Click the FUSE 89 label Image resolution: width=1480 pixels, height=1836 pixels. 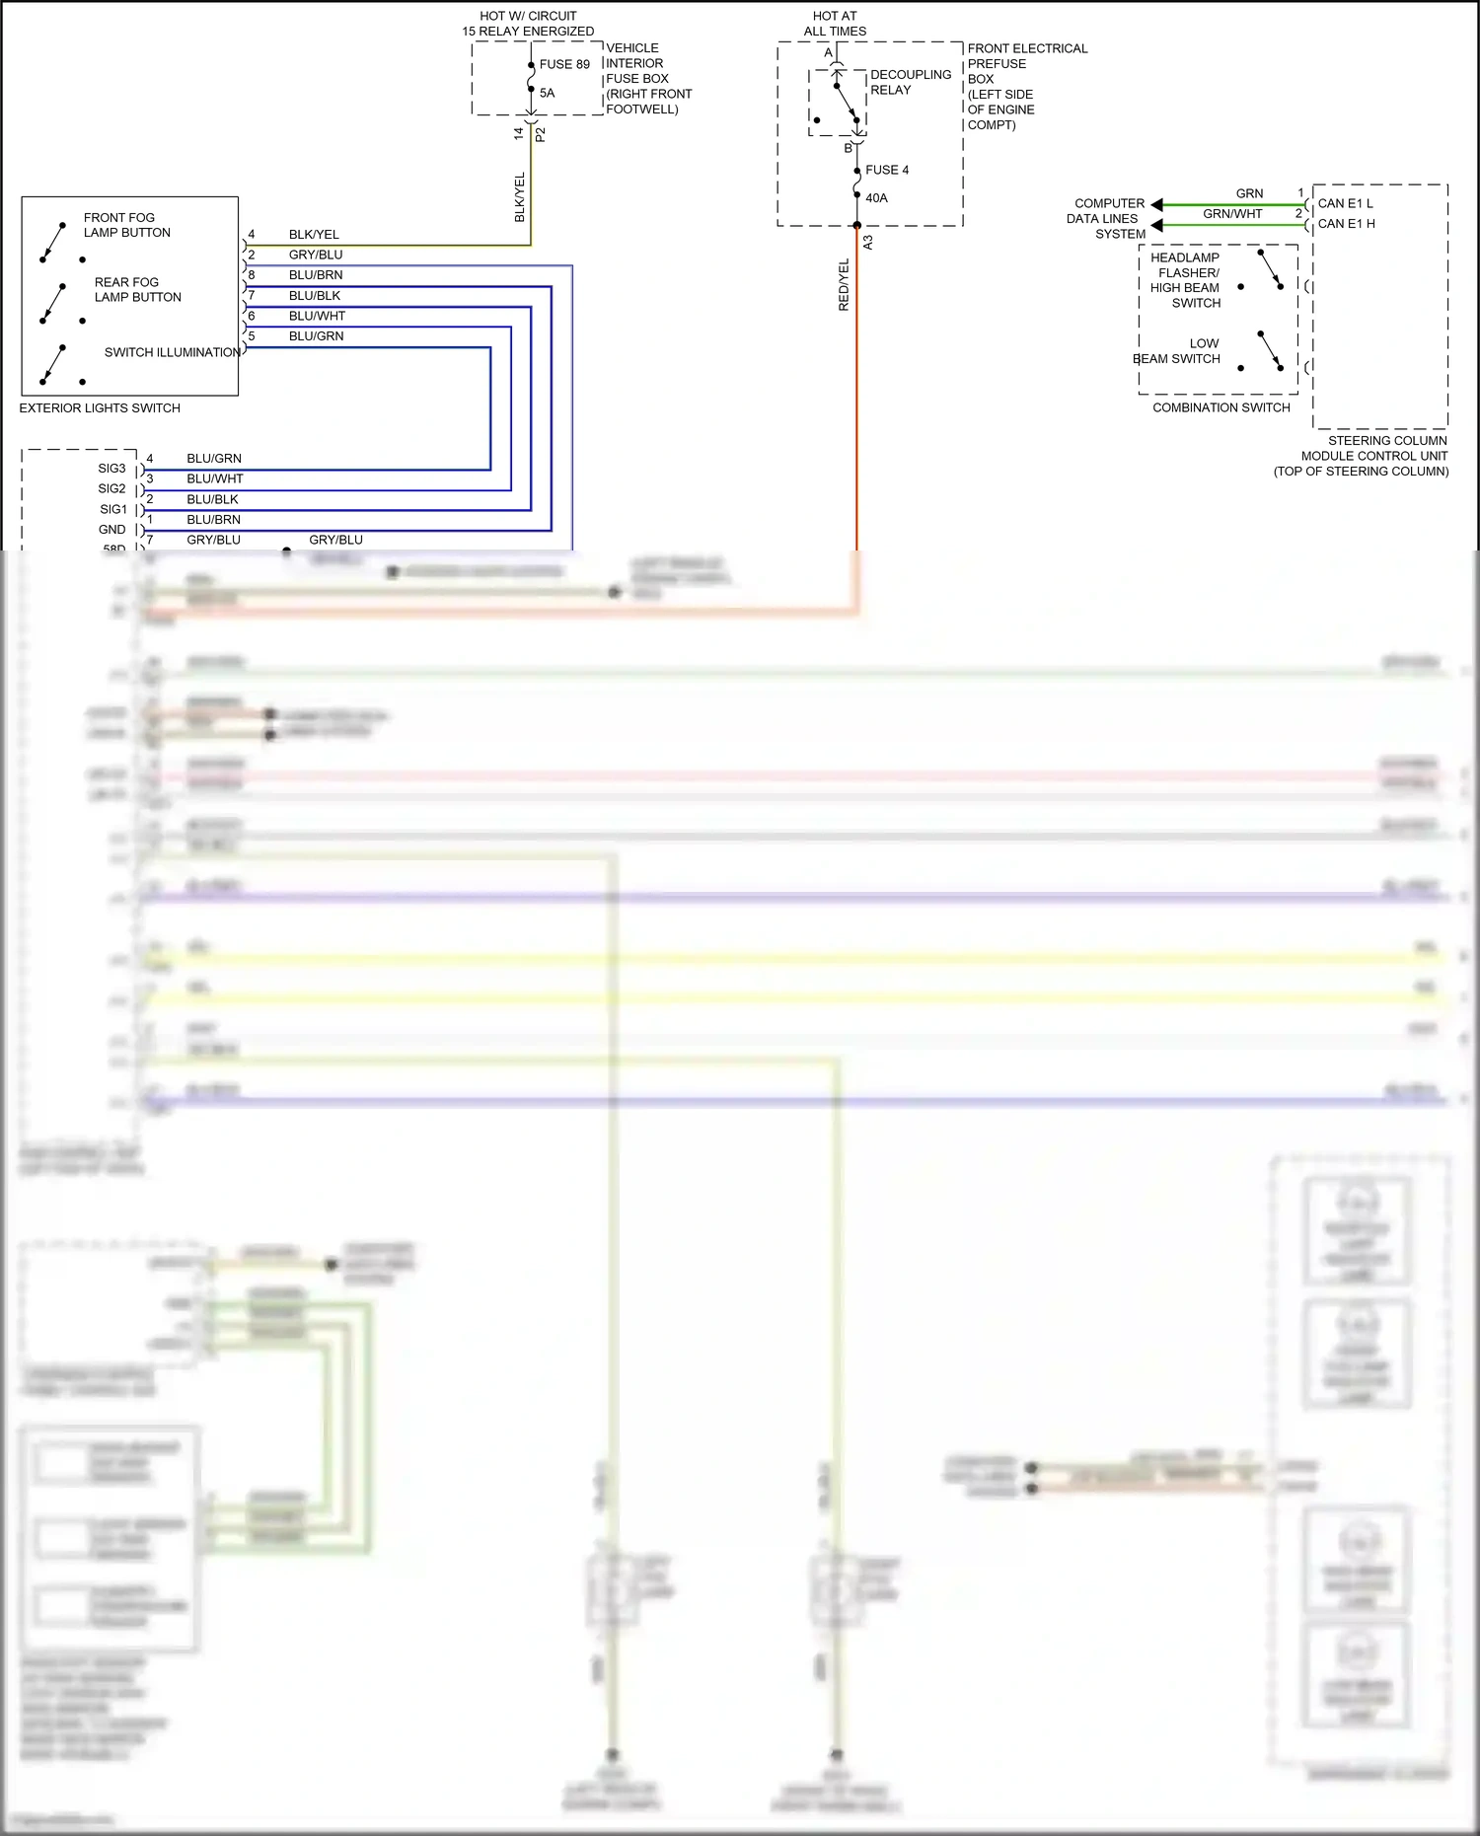[564, 64]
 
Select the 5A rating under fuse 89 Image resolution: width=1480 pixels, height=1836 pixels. [548, 93]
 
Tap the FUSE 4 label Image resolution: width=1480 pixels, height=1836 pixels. [887, 170]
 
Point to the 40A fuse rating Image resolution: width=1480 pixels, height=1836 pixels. [876, 198]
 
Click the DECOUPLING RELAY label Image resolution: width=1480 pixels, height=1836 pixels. [910, 82]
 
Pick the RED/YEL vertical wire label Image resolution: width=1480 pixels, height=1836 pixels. [844, 285]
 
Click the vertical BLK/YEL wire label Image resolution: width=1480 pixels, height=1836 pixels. [520, 197]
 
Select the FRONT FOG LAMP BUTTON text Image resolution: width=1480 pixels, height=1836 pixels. [126, 225]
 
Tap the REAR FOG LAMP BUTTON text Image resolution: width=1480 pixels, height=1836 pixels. [137, 289]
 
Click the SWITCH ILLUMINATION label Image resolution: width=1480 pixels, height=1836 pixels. [172, 352]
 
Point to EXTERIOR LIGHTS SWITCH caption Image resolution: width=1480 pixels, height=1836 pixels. [100, 407]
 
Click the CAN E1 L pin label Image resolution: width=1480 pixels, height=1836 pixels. [1345, 203]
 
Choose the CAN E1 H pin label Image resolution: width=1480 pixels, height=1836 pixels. [1346, 224]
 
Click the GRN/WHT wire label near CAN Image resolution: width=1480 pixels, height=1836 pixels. [1232, 213]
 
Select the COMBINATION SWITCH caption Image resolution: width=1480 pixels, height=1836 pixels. [1221, 407]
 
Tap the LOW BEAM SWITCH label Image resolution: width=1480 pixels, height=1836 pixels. [1178, 351]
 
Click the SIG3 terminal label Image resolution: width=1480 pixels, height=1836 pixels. [111, 469]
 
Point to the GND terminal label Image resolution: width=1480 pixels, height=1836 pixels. [112, 530]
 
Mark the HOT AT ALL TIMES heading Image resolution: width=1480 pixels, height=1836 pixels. [835, 24]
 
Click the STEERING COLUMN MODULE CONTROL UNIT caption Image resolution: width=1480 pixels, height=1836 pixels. [1373, 456]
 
